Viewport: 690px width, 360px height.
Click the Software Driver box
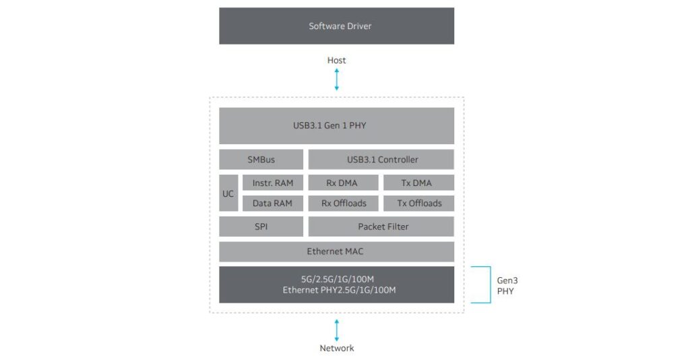coord(336,26)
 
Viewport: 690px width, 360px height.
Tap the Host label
coord(336,61)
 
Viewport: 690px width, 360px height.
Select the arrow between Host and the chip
coord(336,80)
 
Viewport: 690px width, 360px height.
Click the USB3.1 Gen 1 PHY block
coord(336,125)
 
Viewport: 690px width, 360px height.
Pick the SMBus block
coord(261,160)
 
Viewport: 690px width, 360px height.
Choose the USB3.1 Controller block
coord(381,160)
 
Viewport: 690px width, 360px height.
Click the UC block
coord(228,193)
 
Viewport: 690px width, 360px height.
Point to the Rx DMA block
coord(343,183)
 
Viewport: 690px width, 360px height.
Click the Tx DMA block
coord(418,183)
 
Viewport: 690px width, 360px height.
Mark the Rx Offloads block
coord(343,203)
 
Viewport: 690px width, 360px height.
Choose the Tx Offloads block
coord(418,203)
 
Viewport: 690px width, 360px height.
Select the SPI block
coord(261,227)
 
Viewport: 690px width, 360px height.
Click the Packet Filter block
coord(381,227)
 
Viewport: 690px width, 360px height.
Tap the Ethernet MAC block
coord(336,251)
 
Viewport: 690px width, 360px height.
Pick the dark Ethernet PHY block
coord(336,284)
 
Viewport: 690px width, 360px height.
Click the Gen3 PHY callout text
coord(506,285)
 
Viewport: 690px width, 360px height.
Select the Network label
coord(336,349)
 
